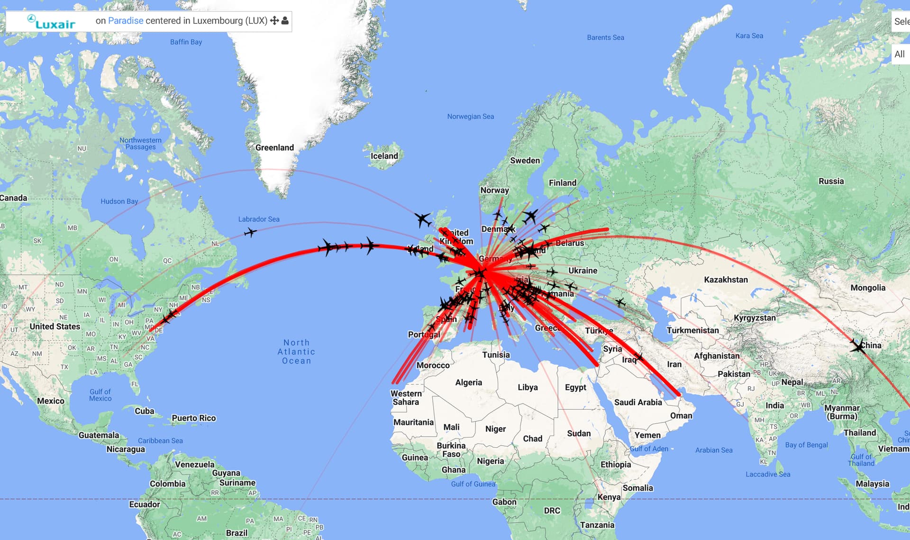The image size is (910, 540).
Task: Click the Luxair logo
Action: [x=51, y=22]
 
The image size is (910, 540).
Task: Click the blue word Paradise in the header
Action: [x=126, y=21]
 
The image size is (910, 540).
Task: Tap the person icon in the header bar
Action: [x=285, y=21]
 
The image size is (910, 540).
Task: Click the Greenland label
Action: [x=274, y=147]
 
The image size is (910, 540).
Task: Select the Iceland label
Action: [x=384, y=156]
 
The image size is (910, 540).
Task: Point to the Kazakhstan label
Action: [x=726, y=280]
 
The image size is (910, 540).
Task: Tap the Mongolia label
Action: [x=867, y=288]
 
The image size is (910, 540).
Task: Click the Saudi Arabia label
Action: [x=638, y=403]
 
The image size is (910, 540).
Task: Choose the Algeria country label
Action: [x=468, y=383]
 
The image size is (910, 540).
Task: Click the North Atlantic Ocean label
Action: [x=297, y=351]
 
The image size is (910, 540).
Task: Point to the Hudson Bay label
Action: [x=119, y=201]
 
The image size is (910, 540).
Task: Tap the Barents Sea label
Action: [x=605, y=37]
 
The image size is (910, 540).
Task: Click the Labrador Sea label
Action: [x=259, y=219]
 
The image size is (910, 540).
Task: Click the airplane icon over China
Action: [x=857, y=346]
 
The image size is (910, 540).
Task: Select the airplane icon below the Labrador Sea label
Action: [x=250, y=232]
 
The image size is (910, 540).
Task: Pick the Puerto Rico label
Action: [x=193, y=418]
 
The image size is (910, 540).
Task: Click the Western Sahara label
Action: [x=406, y=398]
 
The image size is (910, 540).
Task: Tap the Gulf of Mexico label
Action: [x=100, y=395]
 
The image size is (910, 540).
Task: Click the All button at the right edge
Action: [x=900, y=54]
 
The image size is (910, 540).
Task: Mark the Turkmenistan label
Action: [x=692, y=330]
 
